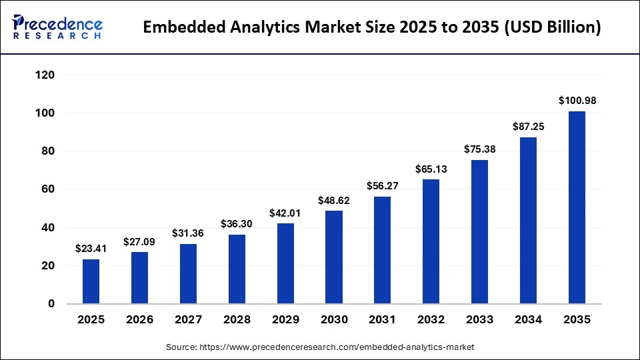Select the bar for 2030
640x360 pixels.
tap(334, 257)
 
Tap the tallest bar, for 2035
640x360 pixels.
tap(577, 207)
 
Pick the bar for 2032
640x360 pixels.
tap(431, 241)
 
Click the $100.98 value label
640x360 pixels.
tap(577, 101)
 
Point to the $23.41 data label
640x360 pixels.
tap(91, 248)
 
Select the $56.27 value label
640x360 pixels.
tap(383, 186)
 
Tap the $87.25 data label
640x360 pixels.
tap(528, 126)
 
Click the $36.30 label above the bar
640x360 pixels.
tap(237, 224)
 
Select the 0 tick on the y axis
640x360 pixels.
tap(50, 304)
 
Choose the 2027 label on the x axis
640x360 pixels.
tap(188, 320)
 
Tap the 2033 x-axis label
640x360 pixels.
tap(480, 320)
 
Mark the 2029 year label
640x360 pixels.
tap(285, 320)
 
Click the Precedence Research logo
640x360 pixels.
tap(57, 27)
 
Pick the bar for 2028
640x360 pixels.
tap(237, 269)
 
